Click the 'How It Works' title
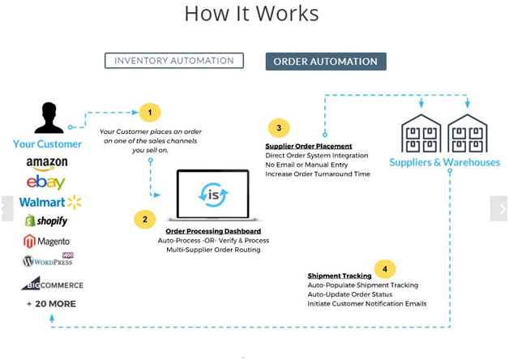(x=251, y=14)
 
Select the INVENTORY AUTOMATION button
(x=173, y=61)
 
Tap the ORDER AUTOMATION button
(x=325, y=62)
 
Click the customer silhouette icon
(x=48, y=119)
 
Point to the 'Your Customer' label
(x=47, y=144)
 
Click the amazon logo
(x=46, y=163)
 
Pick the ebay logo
(x=45, y=182)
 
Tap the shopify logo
(x=46, y=221)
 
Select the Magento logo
(x=47, y=241)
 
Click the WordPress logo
(x=49, y=260)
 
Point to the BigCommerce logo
(x=52, y=284)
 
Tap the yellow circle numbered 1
(x=149, y=113)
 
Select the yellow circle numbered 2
(x=144, y=219)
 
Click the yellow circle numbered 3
(x=278, y=128)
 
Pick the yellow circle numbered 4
(x=383, y=268)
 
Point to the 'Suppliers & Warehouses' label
(x=444, y=162)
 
